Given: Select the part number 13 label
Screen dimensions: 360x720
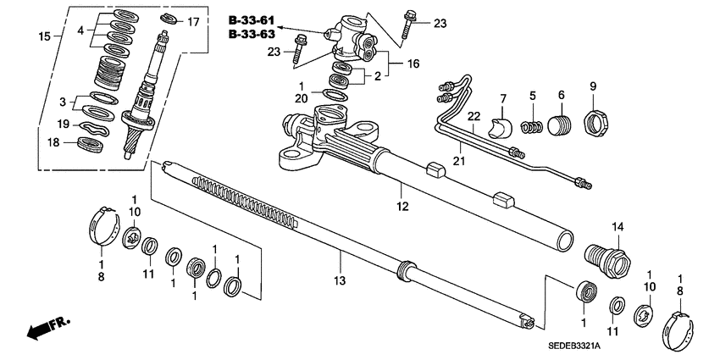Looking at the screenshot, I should [340, 280].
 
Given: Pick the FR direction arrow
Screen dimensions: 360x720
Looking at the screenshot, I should [47, 328].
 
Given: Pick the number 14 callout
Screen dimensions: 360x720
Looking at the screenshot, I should [617, 226].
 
